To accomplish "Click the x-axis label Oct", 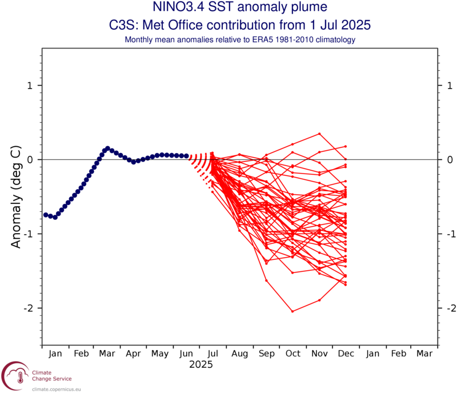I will coord(293,354).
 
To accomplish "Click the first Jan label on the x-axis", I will coord(55,354).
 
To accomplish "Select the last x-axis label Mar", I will coord(424,354).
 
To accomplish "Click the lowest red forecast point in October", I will coord(292,311).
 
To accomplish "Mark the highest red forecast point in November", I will coord(319,134).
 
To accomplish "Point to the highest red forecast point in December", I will coord(346,146).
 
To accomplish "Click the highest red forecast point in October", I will coord(292,144).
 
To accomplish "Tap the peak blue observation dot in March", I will coord(107,148).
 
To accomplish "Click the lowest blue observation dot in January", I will coord(55,218).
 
